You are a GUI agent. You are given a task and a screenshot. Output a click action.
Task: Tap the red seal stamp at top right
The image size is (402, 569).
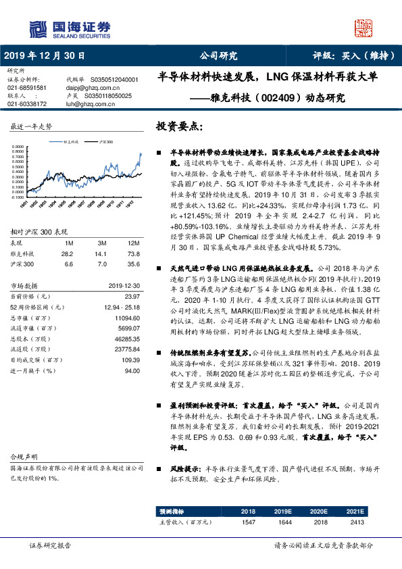coord(365,26)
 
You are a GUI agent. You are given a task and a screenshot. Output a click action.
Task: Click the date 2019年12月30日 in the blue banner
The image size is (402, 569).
coord(45,56)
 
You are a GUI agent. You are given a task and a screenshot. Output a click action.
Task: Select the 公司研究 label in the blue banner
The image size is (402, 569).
coord(218,56)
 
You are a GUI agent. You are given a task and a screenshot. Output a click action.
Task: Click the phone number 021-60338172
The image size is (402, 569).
coord(27,104)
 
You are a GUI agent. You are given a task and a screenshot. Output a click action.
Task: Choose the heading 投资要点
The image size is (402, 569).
coord(179,127)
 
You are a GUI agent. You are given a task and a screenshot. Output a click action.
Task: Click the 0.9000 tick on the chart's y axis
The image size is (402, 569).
coord(20,145)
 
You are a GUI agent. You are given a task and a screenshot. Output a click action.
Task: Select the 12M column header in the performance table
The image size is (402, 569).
coord(134,242)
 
